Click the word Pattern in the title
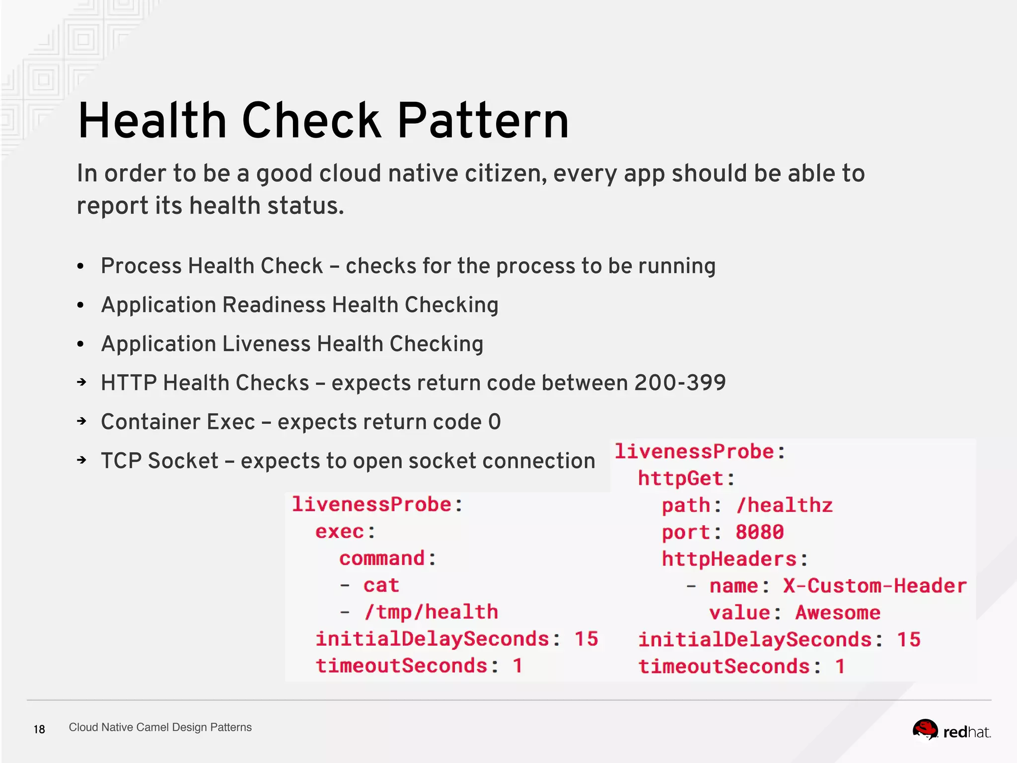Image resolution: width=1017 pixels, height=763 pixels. [483, 121]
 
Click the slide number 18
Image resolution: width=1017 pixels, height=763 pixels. [39, 729]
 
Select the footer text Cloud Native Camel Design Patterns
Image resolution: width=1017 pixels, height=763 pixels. [160, 727]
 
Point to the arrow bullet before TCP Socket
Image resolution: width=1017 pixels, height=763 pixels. [82, 460]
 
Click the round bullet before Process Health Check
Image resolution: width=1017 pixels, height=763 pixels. [81, 266]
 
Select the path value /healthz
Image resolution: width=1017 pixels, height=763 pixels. [785, 505]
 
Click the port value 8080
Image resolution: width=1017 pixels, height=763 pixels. [759, 532]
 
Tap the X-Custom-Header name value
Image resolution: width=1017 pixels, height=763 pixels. [875, 586]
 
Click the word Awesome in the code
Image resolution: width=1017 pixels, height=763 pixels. [838, 612]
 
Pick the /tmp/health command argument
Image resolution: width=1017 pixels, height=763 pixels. [431, 612]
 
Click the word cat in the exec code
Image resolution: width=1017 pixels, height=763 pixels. [381, 585]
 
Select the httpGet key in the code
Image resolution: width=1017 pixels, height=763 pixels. [680, 478]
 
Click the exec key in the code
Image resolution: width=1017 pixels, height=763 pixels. [340, 532]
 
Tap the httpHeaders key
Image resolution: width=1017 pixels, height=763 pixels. [729, 559]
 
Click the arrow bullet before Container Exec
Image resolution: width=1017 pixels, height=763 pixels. [82, 422]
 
